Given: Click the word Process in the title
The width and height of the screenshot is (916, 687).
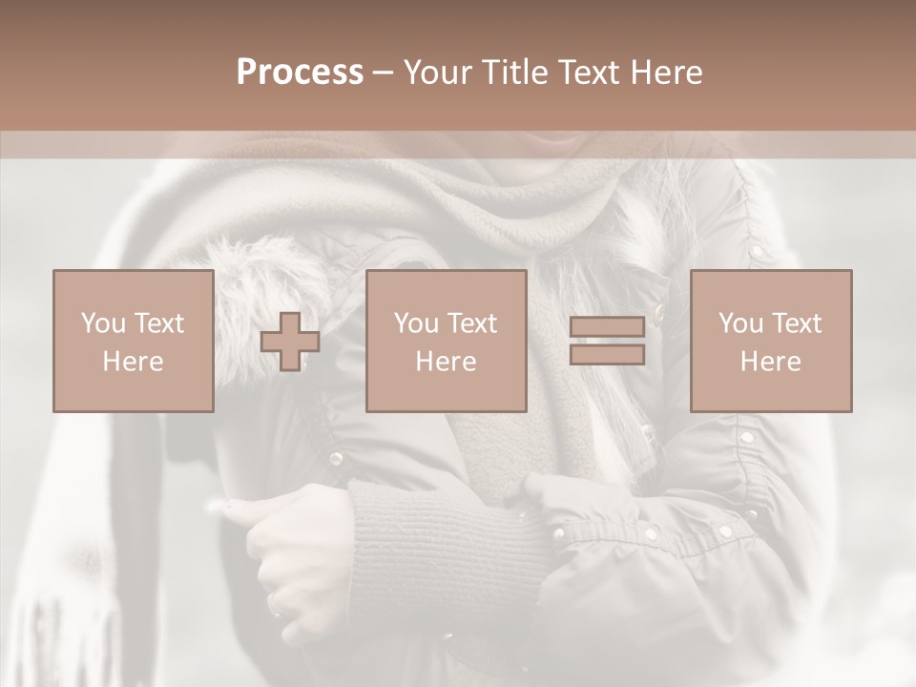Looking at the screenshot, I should tap(300, 73).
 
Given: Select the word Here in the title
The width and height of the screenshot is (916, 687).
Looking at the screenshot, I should tap(662, 73).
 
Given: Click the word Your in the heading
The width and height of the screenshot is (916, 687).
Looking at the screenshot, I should tap(438, 73).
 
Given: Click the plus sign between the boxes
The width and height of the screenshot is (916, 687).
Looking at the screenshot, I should tap(290, 342).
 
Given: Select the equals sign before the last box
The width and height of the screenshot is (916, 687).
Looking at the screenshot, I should tap(607, 342).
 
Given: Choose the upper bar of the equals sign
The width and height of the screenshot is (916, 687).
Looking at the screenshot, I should tap(607, 328).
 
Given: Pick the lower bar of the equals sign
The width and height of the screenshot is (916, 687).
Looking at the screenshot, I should tap(607, 354).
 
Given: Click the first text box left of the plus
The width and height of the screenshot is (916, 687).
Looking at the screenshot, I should tap(133, 342).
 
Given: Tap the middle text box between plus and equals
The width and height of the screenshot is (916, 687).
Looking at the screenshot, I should tap(446, 342).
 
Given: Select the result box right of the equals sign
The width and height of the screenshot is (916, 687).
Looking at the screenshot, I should tap(770, 342).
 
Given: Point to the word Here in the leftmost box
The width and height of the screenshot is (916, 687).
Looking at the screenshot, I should tap(133, 362).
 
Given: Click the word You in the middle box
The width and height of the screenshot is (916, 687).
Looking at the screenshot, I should tap(416, 323).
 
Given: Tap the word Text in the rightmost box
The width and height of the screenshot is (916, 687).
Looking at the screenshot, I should tap(796, 323).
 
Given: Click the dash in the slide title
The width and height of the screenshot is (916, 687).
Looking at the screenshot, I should tap(383, 73).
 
